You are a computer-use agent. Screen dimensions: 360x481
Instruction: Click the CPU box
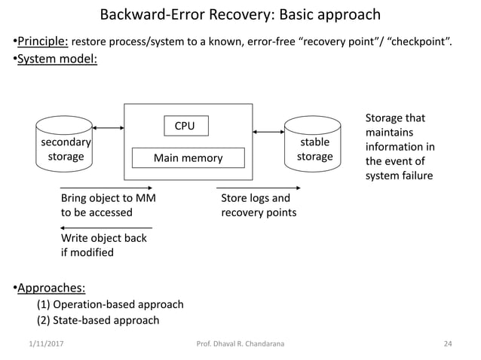tap(185, 126)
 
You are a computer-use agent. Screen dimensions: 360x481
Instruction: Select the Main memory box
tap(188, 158)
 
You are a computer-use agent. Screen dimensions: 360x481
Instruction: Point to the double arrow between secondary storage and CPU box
tap(108, 128)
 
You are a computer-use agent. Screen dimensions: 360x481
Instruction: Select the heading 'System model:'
tap(54, 59)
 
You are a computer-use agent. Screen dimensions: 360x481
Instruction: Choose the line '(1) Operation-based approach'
tap(110, 304)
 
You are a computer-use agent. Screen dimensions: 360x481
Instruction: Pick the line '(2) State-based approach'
tap(98, 320)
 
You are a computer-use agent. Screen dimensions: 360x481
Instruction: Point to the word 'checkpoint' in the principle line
tap(418, 39)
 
